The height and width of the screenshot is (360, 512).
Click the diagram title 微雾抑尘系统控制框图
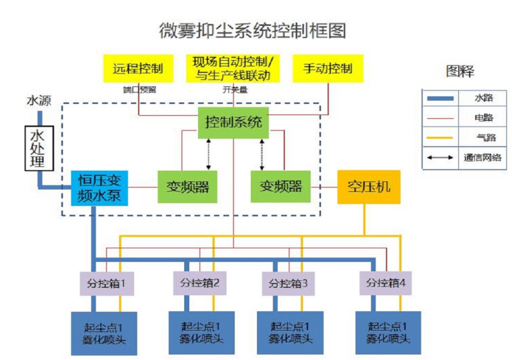(253, 30)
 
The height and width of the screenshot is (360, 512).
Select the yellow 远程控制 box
(138, 68)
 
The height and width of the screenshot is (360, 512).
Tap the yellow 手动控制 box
(328, 68)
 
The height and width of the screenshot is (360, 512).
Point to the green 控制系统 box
(234, 122)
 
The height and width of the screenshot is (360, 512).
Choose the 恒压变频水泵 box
(99, 187)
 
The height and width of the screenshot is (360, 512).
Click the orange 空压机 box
(369, 187)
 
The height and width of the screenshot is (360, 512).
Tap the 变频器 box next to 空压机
(280, 187)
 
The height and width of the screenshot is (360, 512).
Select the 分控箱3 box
(289, 283)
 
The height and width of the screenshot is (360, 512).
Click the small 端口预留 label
(139, 90)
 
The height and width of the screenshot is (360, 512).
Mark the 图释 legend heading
(460, 71)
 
